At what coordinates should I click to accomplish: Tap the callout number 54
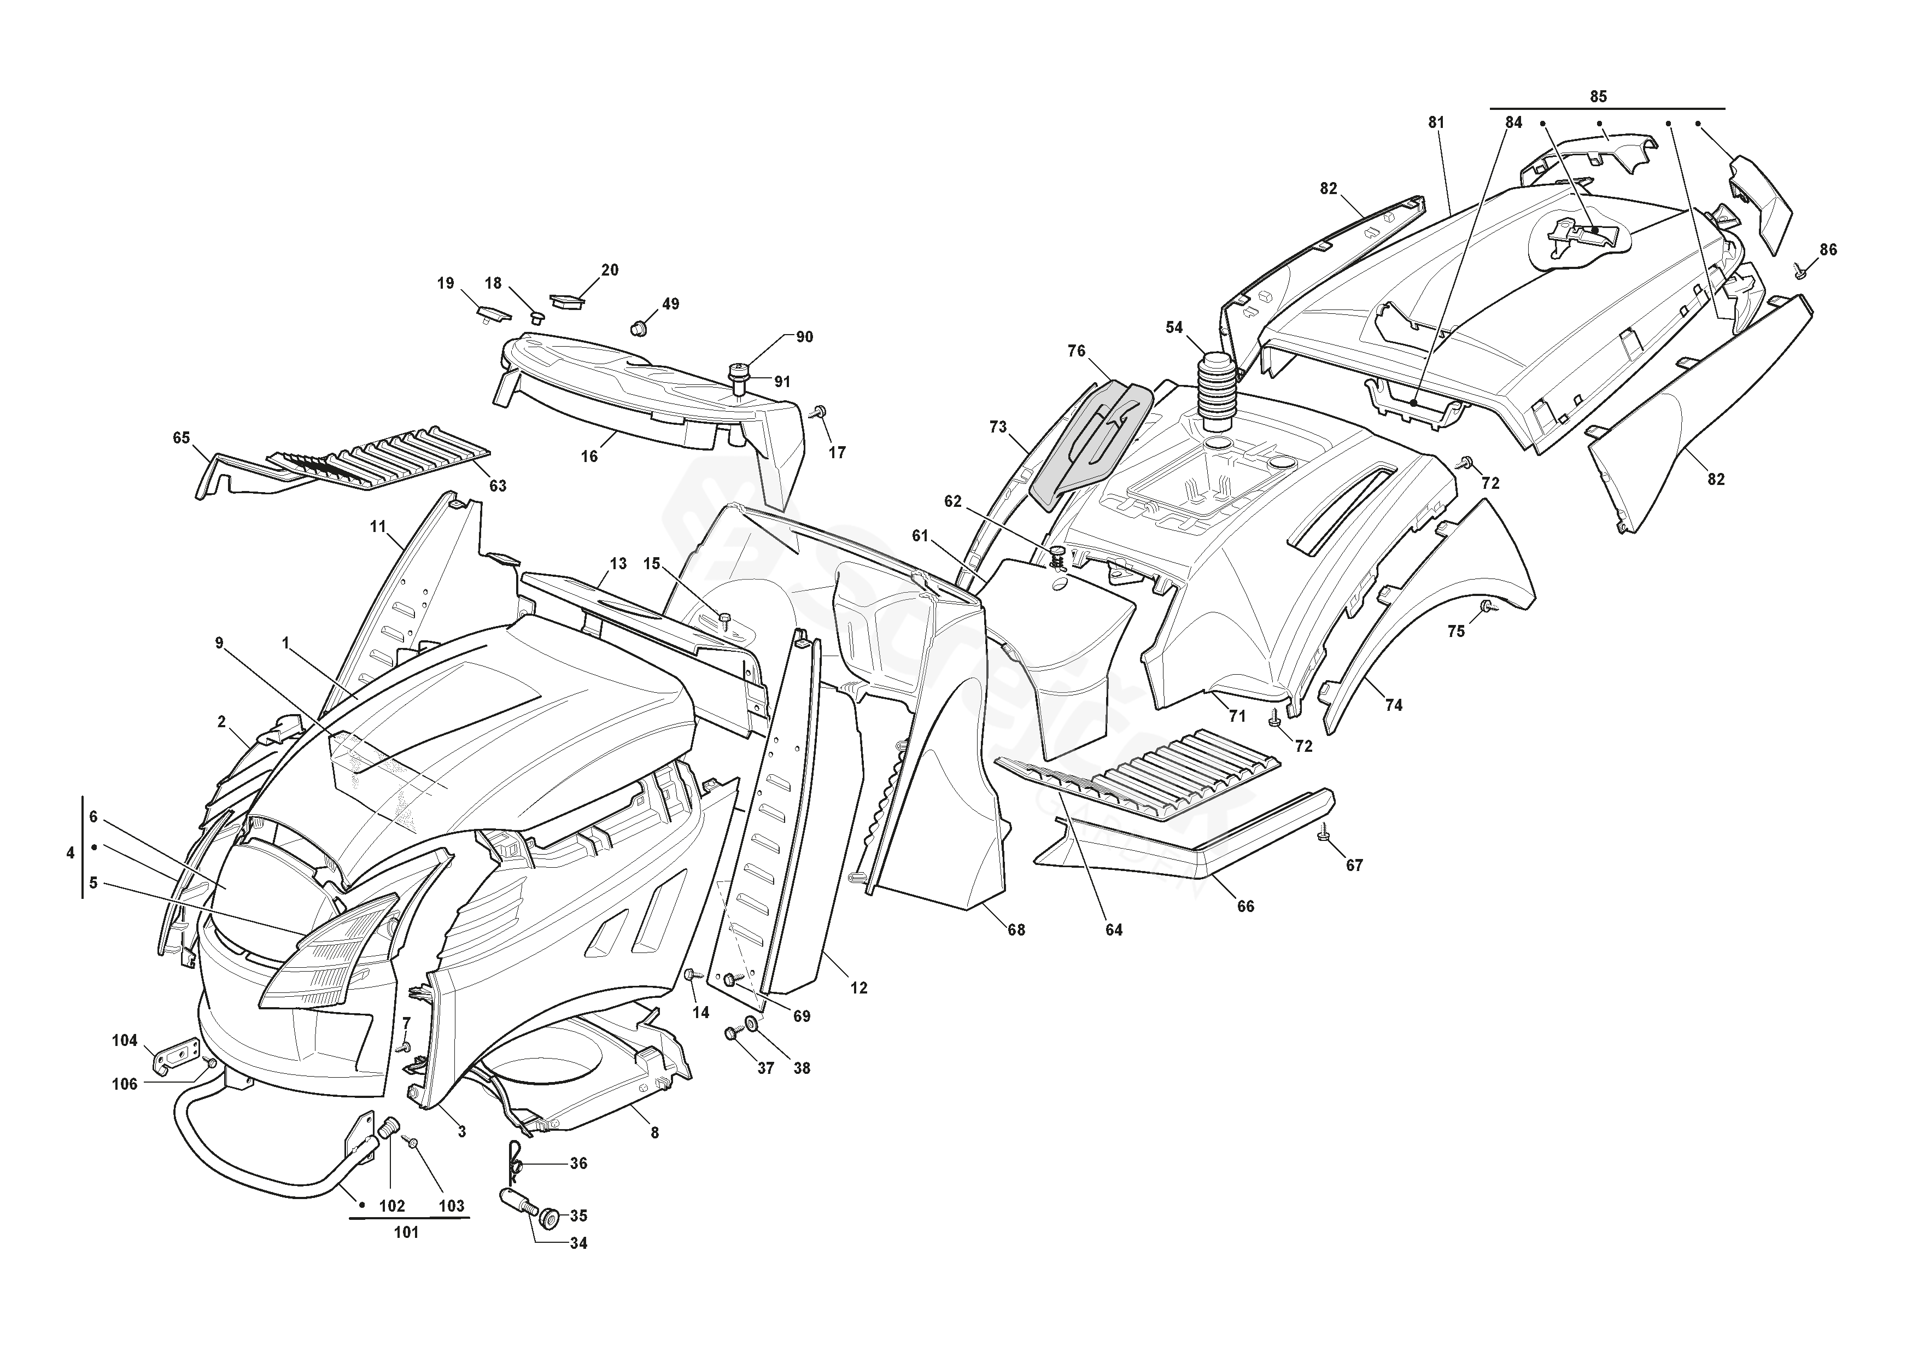pos(1174,328)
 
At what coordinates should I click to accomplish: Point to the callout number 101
pos(406,1232)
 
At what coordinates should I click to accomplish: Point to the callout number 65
pos(182,438)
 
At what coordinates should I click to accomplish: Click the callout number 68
pos(1016,930)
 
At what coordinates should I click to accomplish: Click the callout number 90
pos(804,337)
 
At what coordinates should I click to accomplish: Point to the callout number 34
pos(578,1267)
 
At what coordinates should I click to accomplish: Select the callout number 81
pos(1435,123)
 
